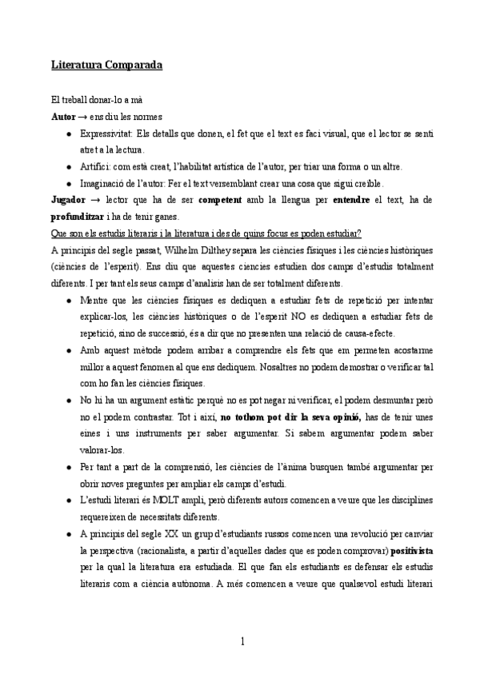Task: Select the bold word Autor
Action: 62,117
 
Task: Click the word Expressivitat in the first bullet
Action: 106,134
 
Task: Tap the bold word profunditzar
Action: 78,216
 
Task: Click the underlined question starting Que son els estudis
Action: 205,233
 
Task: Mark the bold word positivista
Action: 412,550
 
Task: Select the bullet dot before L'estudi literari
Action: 70,501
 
